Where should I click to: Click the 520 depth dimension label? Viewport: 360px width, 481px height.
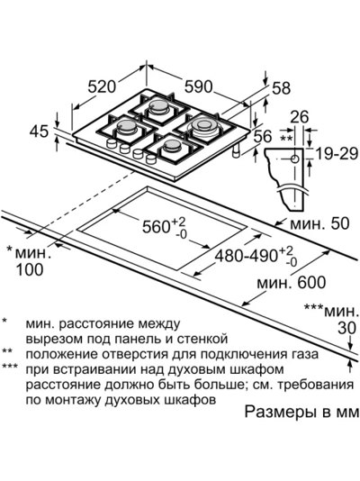tap(102, 86)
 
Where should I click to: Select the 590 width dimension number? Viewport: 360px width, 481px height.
tap(198, 86)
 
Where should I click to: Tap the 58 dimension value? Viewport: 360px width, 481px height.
tap(281, 88)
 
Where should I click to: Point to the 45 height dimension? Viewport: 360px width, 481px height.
tap(39, 132)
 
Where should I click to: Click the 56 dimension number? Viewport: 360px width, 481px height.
tap(263, 137)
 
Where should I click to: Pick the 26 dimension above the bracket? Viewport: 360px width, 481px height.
tap(300, 117)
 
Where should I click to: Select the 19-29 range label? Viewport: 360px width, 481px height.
tap(337, 153)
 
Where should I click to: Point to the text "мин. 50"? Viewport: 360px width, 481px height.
tap(319, 223)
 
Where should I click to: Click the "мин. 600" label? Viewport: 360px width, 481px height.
tap(291, 282)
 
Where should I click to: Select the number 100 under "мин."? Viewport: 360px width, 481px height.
tap(30, 270)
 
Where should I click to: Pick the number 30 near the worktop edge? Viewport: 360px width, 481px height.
tap(347, 328)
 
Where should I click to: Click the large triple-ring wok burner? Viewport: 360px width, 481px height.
tap(203, 126)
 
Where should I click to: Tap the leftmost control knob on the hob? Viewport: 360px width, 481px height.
tap(112, 143)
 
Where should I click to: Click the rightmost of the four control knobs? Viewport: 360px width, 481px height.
tap(151, 159)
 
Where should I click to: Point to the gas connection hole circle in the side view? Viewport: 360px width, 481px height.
tap(294, 159)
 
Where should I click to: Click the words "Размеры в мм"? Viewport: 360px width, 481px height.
tap(301, 412)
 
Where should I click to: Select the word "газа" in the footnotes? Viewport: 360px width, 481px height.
tap(303, 355)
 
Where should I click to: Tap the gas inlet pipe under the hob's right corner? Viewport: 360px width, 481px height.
tap(236, 150)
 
